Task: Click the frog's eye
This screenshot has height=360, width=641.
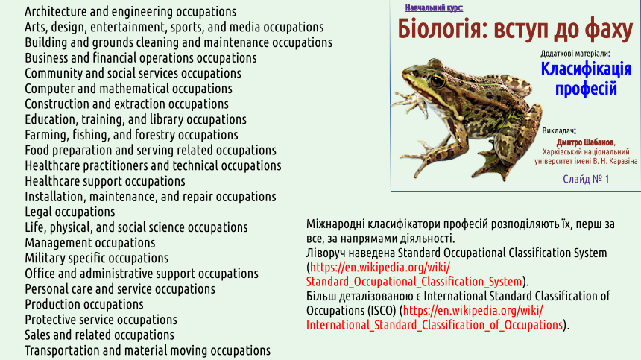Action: click(x=438, y=80)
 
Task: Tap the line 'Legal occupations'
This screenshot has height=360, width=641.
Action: click(x=70, y=212)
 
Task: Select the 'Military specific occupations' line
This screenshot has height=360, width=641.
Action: click(x=96, y=258)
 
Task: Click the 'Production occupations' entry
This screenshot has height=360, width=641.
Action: click(x=84, y=304)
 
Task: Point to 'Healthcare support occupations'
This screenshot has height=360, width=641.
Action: click(x=105, y=181)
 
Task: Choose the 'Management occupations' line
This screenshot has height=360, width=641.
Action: click(x=90, y=243)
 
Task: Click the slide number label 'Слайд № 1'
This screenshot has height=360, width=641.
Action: click(x=586, y=179)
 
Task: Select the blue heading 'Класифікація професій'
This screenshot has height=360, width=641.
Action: click(x=586, y=78)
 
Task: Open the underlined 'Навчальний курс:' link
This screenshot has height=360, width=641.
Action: click(x=434, y=7)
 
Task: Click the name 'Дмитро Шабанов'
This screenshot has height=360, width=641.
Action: click(x=585, y=142)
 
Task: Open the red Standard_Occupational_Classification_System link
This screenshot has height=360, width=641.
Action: click(x=414, y=274)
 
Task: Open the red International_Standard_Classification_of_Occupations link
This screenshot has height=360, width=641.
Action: click(x=435, y=318)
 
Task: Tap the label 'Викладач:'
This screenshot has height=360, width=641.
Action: click(x=559, y=130)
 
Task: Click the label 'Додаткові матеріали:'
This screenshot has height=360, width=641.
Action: click(x=575, y=54)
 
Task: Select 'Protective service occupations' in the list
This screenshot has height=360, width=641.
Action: click(x=101, y=320)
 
